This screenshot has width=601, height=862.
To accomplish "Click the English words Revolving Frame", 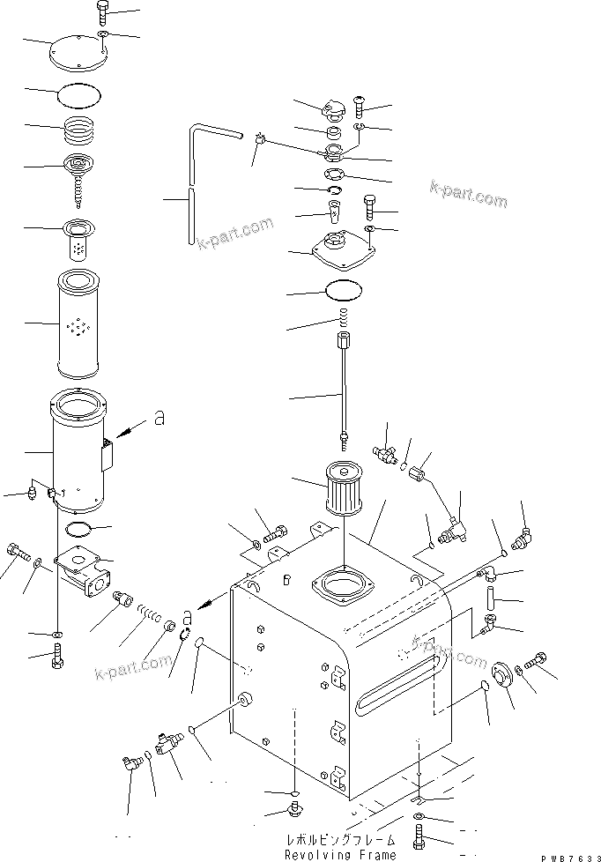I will [339, 854].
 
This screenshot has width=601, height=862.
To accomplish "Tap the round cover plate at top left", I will [79, 52].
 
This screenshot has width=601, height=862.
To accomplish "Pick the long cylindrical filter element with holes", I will [80, 325].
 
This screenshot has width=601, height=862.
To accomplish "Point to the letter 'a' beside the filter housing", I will [160, 420].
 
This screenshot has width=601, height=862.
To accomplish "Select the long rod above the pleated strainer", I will [343, 383].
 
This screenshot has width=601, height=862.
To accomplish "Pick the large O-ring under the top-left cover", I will [82, 93].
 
